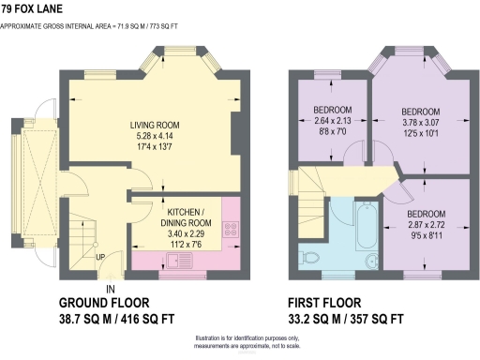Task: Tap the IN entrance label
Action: (x=110, y=289)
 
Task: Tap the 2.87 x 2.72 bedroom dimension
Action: (x=427, y=226)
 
